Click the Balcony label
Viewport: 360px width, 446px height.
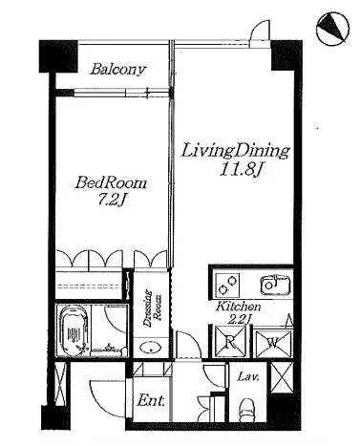pos(117,69)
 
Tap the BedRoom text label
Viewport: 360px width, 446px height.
pos(111,183)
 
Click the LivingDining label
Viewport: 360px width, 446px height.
pos(235,151)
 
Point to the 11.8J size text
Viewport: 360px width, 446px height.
pos(240,170)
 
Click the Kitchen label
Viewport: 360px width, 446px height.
pos(239,307)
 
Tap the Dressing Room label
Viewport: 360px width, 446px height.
pos(152,308)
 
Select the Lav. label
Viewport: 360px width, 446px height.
pos(248,377)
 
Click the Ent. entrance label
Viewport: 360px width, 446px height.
pos(151,400)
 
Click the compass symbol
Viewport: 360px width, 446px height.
pos(333,28)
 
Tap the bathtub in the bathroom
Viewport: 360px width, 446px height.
pos(74,331)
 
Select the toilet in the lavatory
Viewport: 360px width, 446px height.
pos(247,410)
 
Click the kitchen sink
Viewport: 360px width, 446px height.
pos(275,285)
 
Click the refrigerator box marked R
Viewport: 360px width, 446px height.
pos(229,342)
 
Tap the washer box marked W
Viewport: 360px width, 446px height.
pos(273,343)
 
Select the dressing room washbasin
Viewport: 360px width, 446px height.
pos(151,348)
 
